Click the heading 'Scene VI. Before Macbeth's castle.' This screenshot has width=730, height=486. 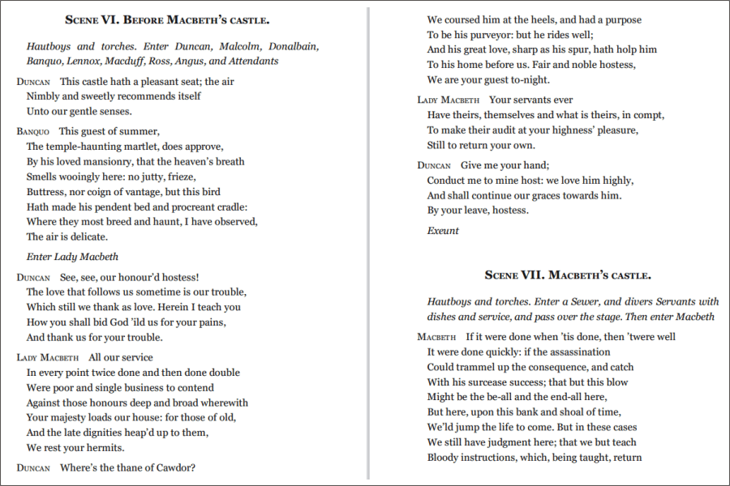point(178,19)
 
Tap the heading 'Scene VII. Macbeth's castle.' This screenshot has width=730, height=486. point(568,275)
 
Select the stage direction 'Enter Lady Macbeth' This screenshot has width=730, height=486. point(72,257)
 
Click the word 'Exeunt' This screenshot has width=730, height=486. point(443,231)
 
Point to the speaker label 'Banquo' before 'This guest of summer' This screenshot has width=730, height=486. point(32,131)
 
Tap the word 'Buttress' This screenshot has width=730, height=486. point(47,192)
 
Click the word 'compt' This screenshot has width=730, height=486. point(648,115)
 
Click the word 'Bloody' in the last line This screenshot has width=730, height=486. point(445,458)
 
